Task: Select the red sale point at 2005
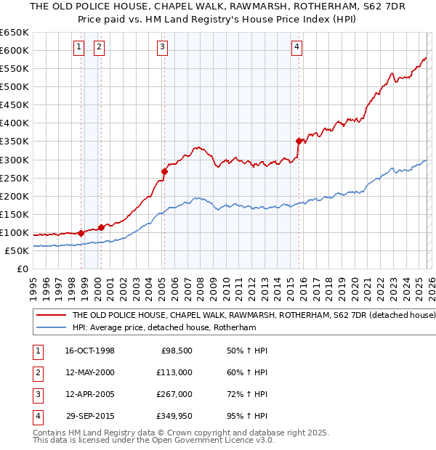pyautogui.click(x=164, y=172)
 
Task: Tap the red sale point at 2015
pyautogui.click(x=299, y=141)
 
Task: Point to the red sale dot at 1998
pyautogui.click(x=81, y=233)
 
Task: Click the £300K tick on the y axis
pyautogui.click(x=15, y=160)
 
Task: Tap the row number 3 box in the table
pyautogui.click(x=36, y=394)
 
